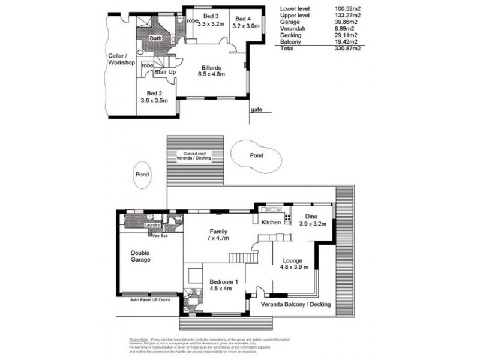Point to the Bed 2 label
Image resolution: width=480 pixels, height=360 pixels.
point(154,93)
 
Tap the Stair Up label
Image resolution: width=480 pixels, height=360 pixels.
point(165,72)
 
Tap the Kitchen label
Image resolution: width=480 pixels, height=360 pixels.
point(272,223)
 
